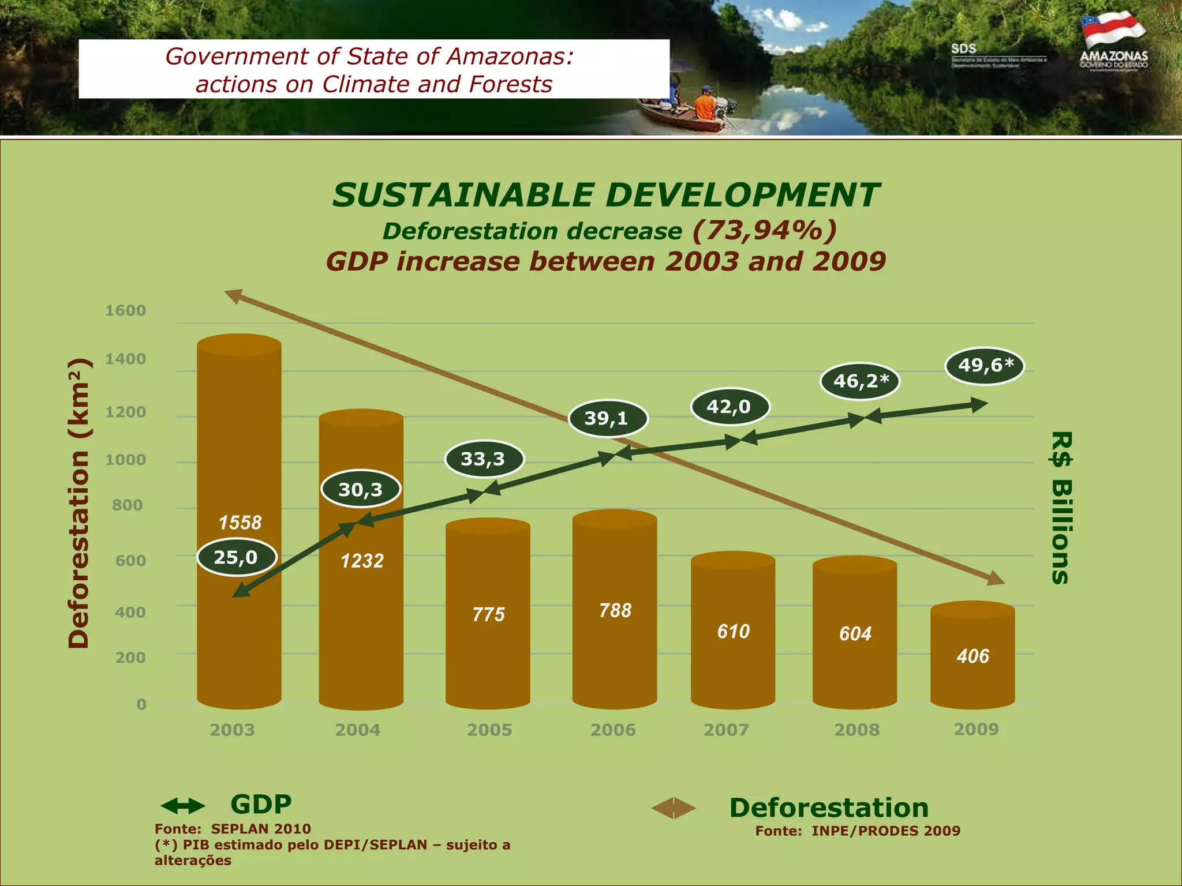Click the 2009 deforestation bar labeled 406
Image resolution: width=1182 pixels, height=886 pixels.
tap(972, 658)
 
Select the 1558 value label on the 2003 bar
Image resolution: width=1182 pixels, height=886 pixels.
tap(240, 523)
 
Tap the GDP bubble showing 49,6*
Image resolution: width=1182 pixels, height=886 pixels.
tap(985, 366)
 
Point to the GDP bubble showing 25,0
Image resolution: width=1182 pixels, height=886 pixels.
tap(237, 557)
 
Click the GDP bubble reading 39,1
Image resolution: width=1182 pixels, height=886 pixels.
tap(608, 418)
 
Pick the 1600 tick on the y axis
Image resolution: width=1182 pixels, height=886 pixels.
tap(125, 311)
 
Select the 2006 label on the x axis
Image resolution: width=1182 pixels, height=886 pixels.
tap(613, 730)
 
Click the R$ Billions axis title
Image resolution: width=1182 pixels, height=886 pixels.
tap(1061, 508)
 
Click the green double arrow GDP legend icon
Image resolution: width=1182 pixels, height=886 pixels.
tap(182, 806)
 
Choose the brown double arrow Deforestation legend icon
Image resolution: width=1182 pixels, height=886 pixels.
tap(674, 808)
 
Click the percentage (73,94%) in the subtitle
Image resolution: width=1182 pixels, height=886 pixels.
tap(764, 230)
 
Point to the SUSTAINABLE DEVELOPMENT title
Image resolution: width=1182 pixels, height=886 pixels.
tap(606, 195)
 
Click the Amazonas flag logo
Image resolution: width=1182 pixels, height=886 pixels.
tap(1113, 32)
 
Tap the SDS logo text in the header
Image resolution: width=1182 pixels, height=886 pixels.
tap(963, 49)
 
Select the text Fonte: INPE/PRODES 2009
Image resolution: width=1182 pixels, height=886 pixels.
tap(858, 831)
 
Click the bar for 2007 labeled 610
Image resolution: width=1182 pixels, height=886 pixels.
tap(733, 632)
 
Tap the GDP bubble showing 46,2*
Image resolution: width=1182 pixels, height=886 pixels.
tap(860, 381)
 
